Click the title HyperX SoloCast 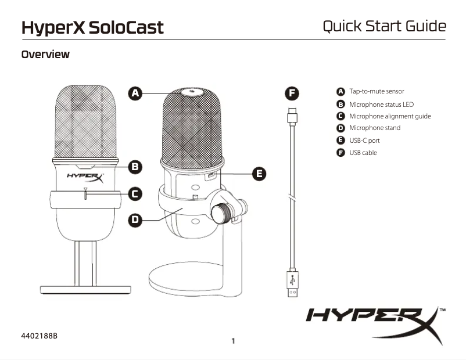(x=92, y=27)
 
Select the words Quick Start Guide (x=384, y=26)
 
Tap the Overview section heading (x=45, y=55)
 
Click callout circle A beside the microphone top (x=135, y=93)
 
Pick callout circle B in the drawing (x=135, y=167)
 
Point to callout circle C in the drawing (x=135, y=194)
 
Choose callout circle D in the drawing (x=135, y=219)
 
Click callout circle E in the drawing (x=260, y=173)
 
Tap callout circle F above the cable (x=293, y=93)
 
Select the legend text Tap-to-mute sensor (x=376, y=91)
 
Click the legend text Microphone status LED (x=381, y=104)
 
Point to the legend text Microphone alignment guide (x=389, y=116)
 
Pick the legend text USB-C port (x=364, y=141)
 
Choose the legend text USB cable (x=363, y=153)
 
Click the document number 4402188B (x=40, y=336)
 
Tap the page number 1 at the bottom (x=233, y=341)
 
